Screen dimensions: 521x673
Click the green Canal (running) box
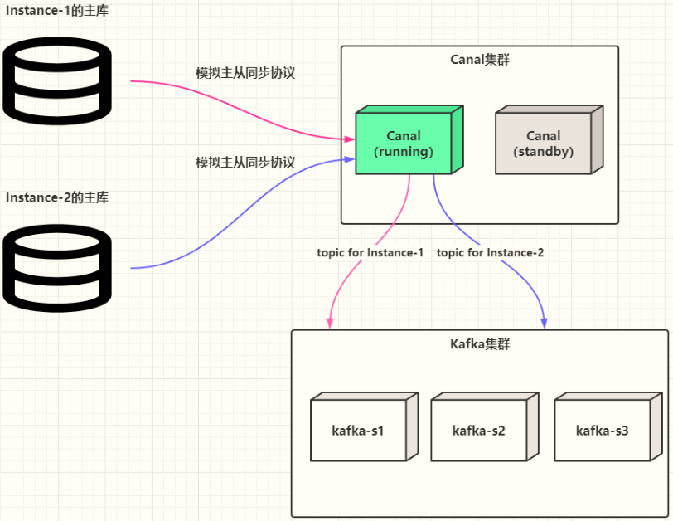tap(404, 143)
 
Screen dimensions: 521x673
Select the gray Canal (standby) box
tap(543, 143)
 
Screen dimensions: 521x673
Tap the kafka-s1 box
tap(357, 431)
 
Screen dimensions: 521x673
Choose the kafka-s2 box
tap(478, 431)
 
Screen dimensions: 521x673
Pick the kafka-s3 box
tap(602, 431)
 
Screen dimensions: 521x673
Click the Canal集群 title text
tap(481, 60)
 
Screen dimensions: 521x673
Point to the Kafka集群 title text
tap(480, 343)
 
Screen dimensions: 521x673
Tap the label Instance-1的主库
tap(57, 11)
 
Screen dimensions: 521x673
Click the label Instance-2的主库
tap(57, 197)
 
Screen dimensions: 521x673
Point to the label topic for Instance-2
tap(490, 252)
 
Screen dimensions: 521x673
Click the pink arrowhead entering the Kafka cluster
tap(331, 323)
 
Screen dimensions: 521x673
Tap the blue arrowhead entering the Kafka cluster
tap(545, 323)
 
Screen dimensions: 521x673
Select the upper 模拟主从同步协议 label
tap(245, 73)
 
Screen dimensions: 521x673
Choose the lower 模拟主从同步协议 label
tap(245, 163)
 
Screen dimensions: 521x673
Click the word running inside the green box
tap(404, 152)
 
